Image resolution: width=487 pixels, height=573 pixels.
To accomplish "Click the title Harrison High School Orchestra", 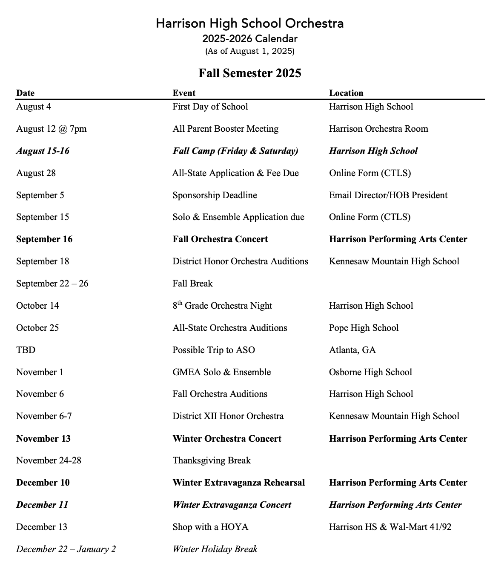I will point(249,23).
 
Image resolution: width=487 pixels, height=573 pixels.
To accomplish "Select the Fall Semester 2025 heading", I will point(249,73).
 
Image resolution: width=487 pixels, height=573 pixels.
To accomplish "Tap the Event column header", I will point(184,93).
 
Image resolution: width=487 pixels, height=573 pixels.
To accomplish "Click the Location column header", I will point(346,93).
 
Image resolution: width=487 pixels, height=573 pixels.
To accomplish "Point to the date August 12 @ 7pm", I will point(51,129).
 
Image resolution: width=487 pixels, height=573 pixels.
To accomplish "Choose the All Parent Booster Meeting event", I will point(225,129).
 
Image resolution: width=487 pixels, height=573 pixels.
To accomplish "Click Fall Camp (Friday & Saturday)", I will point(235,151).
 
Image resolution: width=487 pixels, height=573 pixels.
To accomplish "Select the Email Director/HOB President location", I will point(388,195).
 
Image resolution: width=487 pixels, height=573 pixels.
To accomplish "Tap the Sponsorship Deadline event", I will point(215,195).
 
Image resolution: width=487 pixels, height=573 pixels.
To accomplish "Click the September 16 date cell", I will point(44,239).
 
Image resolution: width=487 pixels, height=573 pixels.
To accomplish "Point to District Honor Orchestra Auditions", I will point(240,261).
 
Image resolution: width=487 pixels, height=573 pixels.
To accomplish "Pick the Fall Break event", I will point(192,284).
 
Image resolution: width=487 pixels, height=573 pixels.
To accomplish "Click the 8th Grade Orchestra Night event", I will point(222,306).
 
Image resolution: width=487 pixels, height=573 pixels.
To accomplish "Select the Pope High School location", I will point(364,328).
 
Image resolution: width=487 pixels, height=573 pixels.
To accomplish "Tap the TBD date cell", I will point(26,350).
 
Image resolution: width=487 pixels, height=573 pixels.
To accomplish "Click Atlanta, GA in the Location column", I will point(352,350).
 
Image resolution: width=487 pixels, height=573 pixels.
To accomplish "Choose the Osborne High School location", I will point(370,372).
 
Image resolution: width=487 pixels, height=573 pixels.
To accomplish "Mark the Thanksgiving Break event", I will point(212,460).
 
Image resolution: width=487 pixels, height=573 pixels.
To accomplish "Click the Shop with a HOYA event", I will point(210,527).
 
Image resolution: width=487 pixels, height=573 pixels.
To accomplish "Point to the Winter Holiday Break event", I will point(215,549).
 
